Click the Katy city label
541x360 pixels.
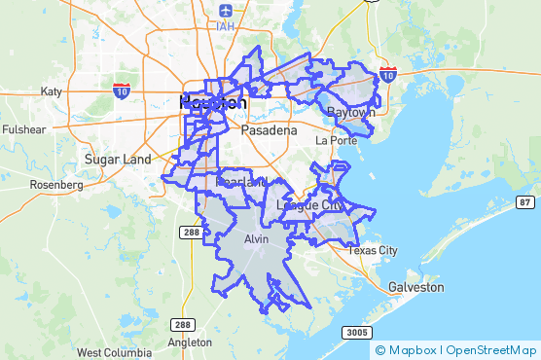(52, 91)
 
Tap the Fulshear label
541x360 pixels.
(23, 129)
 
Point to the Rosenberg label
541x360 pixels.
(56, 184)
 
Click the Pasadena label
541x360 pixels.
(270, 129)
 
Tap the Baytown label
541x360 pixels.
(350, 113)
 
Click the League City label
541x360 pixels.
(310, 205)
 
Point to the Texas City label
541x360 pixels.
(373, 250)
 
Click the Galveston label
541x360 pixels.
(415, 287)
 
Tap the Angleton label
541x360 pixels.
(190, 342)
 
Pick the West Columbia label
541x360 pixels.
(114, 352)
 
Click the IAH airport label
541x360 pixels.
(227, 26)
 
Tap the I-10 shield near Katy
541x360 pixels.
(121, 90)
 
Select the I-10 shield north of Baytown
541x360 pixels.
(388, 74)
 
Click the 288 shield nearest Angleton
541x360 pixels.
(182, 324)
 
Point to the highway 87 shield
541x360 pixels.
(525, 201)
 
